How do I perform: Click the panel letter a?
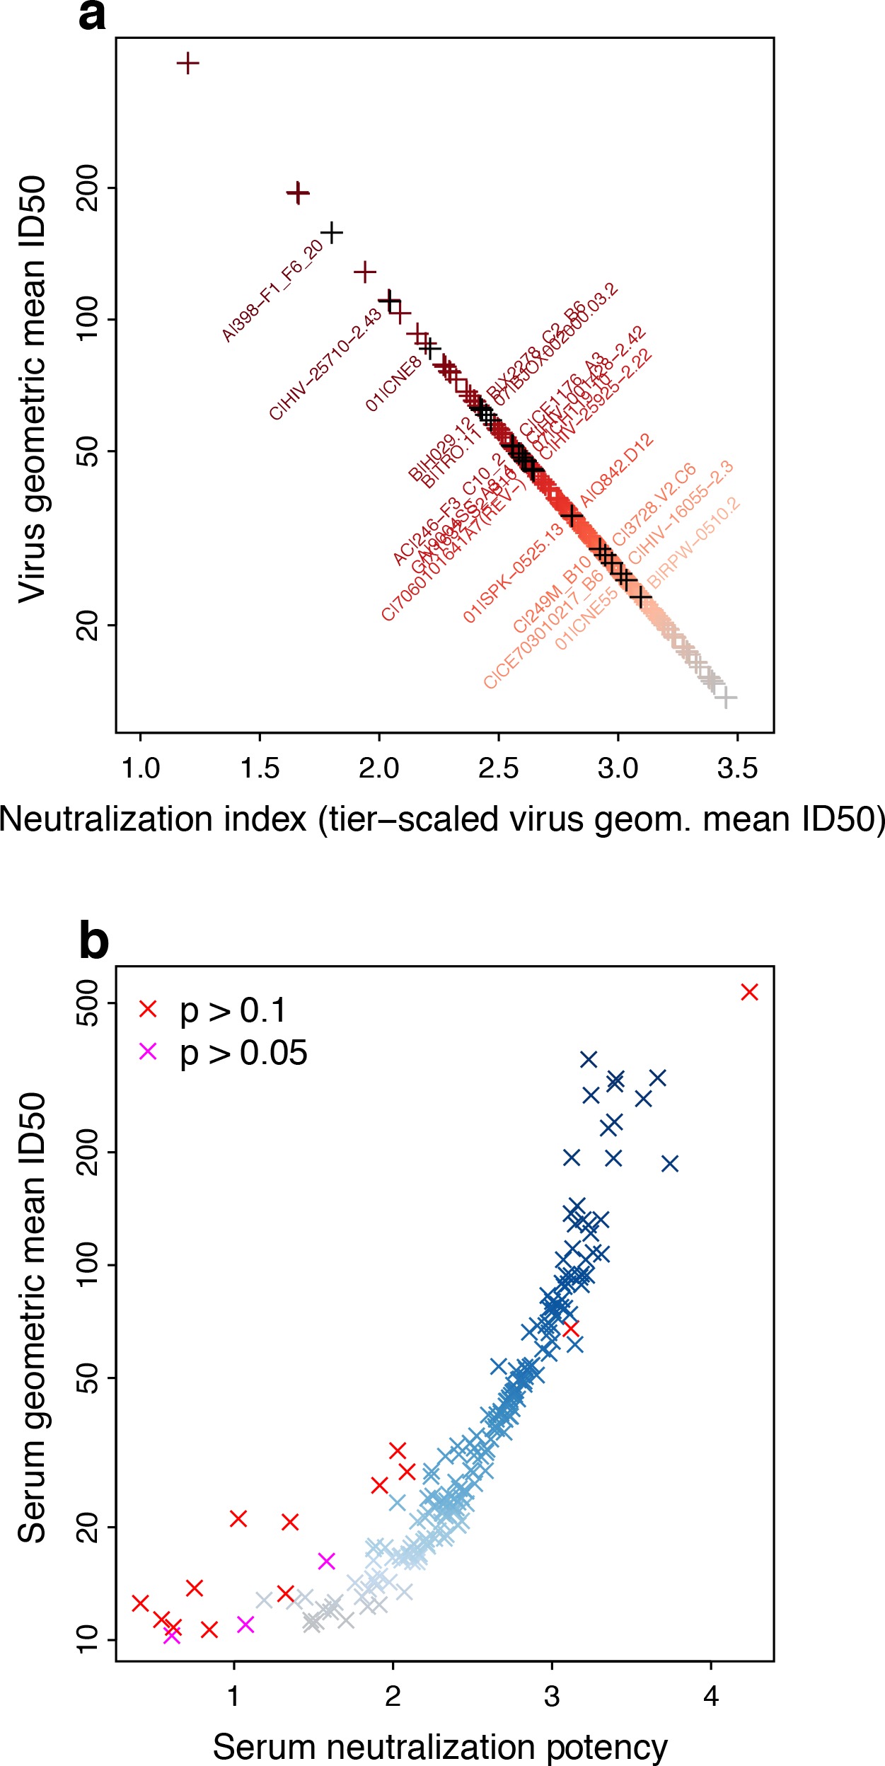pyautogui.click(x=92, y=16)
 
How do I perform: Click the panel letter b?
pyautogui.click(x=93, y=942)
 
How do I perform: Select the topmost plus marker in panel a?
pyautogui.click(x=187, y=64)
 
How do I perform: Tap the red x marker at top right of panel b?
pyautogui.click(x=750, y=992)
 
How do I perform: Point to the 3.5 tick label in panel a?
pyautogui.click(x=737, y=768)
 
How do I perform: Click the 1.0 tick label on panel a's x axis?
pyautogui.click(x=141, y=768)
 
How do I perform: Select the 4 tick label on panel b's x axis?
pyautogui.click(x=711, y=1696)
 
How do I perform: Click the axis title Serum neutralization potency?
pyautogui.click(x=440, y=1741)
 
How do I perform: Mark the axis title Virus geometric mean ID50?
pyautogui.click(x=33, y=389)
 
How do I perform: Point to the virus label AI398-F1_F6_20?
pyautogui.click(x=272, y=290)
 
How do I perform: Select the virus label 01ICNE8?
pyautogui.click(x=393, y=383)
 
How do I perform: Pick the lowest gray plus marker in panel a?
pyautogui.click(x=724, y=698)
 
